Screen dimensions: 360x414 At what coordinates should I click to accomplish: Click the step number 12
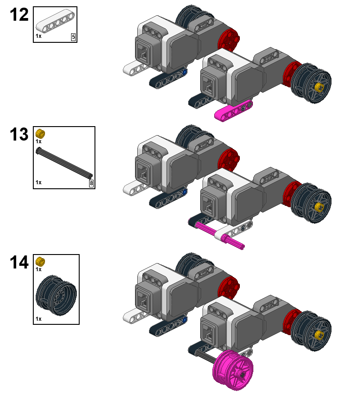19,14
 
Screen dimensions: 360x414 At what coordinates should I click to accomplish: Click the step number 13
19,134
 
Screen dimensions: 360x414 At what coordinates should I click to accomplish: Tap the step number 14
19,262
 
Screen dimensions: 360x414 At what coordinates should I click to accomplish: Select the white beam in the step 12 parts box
55,21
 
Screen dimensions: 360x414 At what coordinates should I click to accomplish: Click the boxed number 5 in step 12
73,37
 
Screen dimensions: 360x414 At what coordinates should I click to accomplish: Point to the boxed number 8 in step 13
91,183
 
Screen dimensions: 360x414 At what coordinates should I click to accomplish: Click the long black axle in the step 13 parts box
64,163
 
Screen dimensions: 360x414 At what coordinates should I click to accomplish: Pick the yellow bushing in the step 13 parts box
40,134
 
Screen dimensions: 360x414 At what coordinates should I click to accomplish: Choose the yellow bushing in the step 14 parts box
40,262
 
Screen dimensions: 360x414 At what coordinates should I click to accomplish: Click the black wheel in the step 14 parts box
56,295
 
